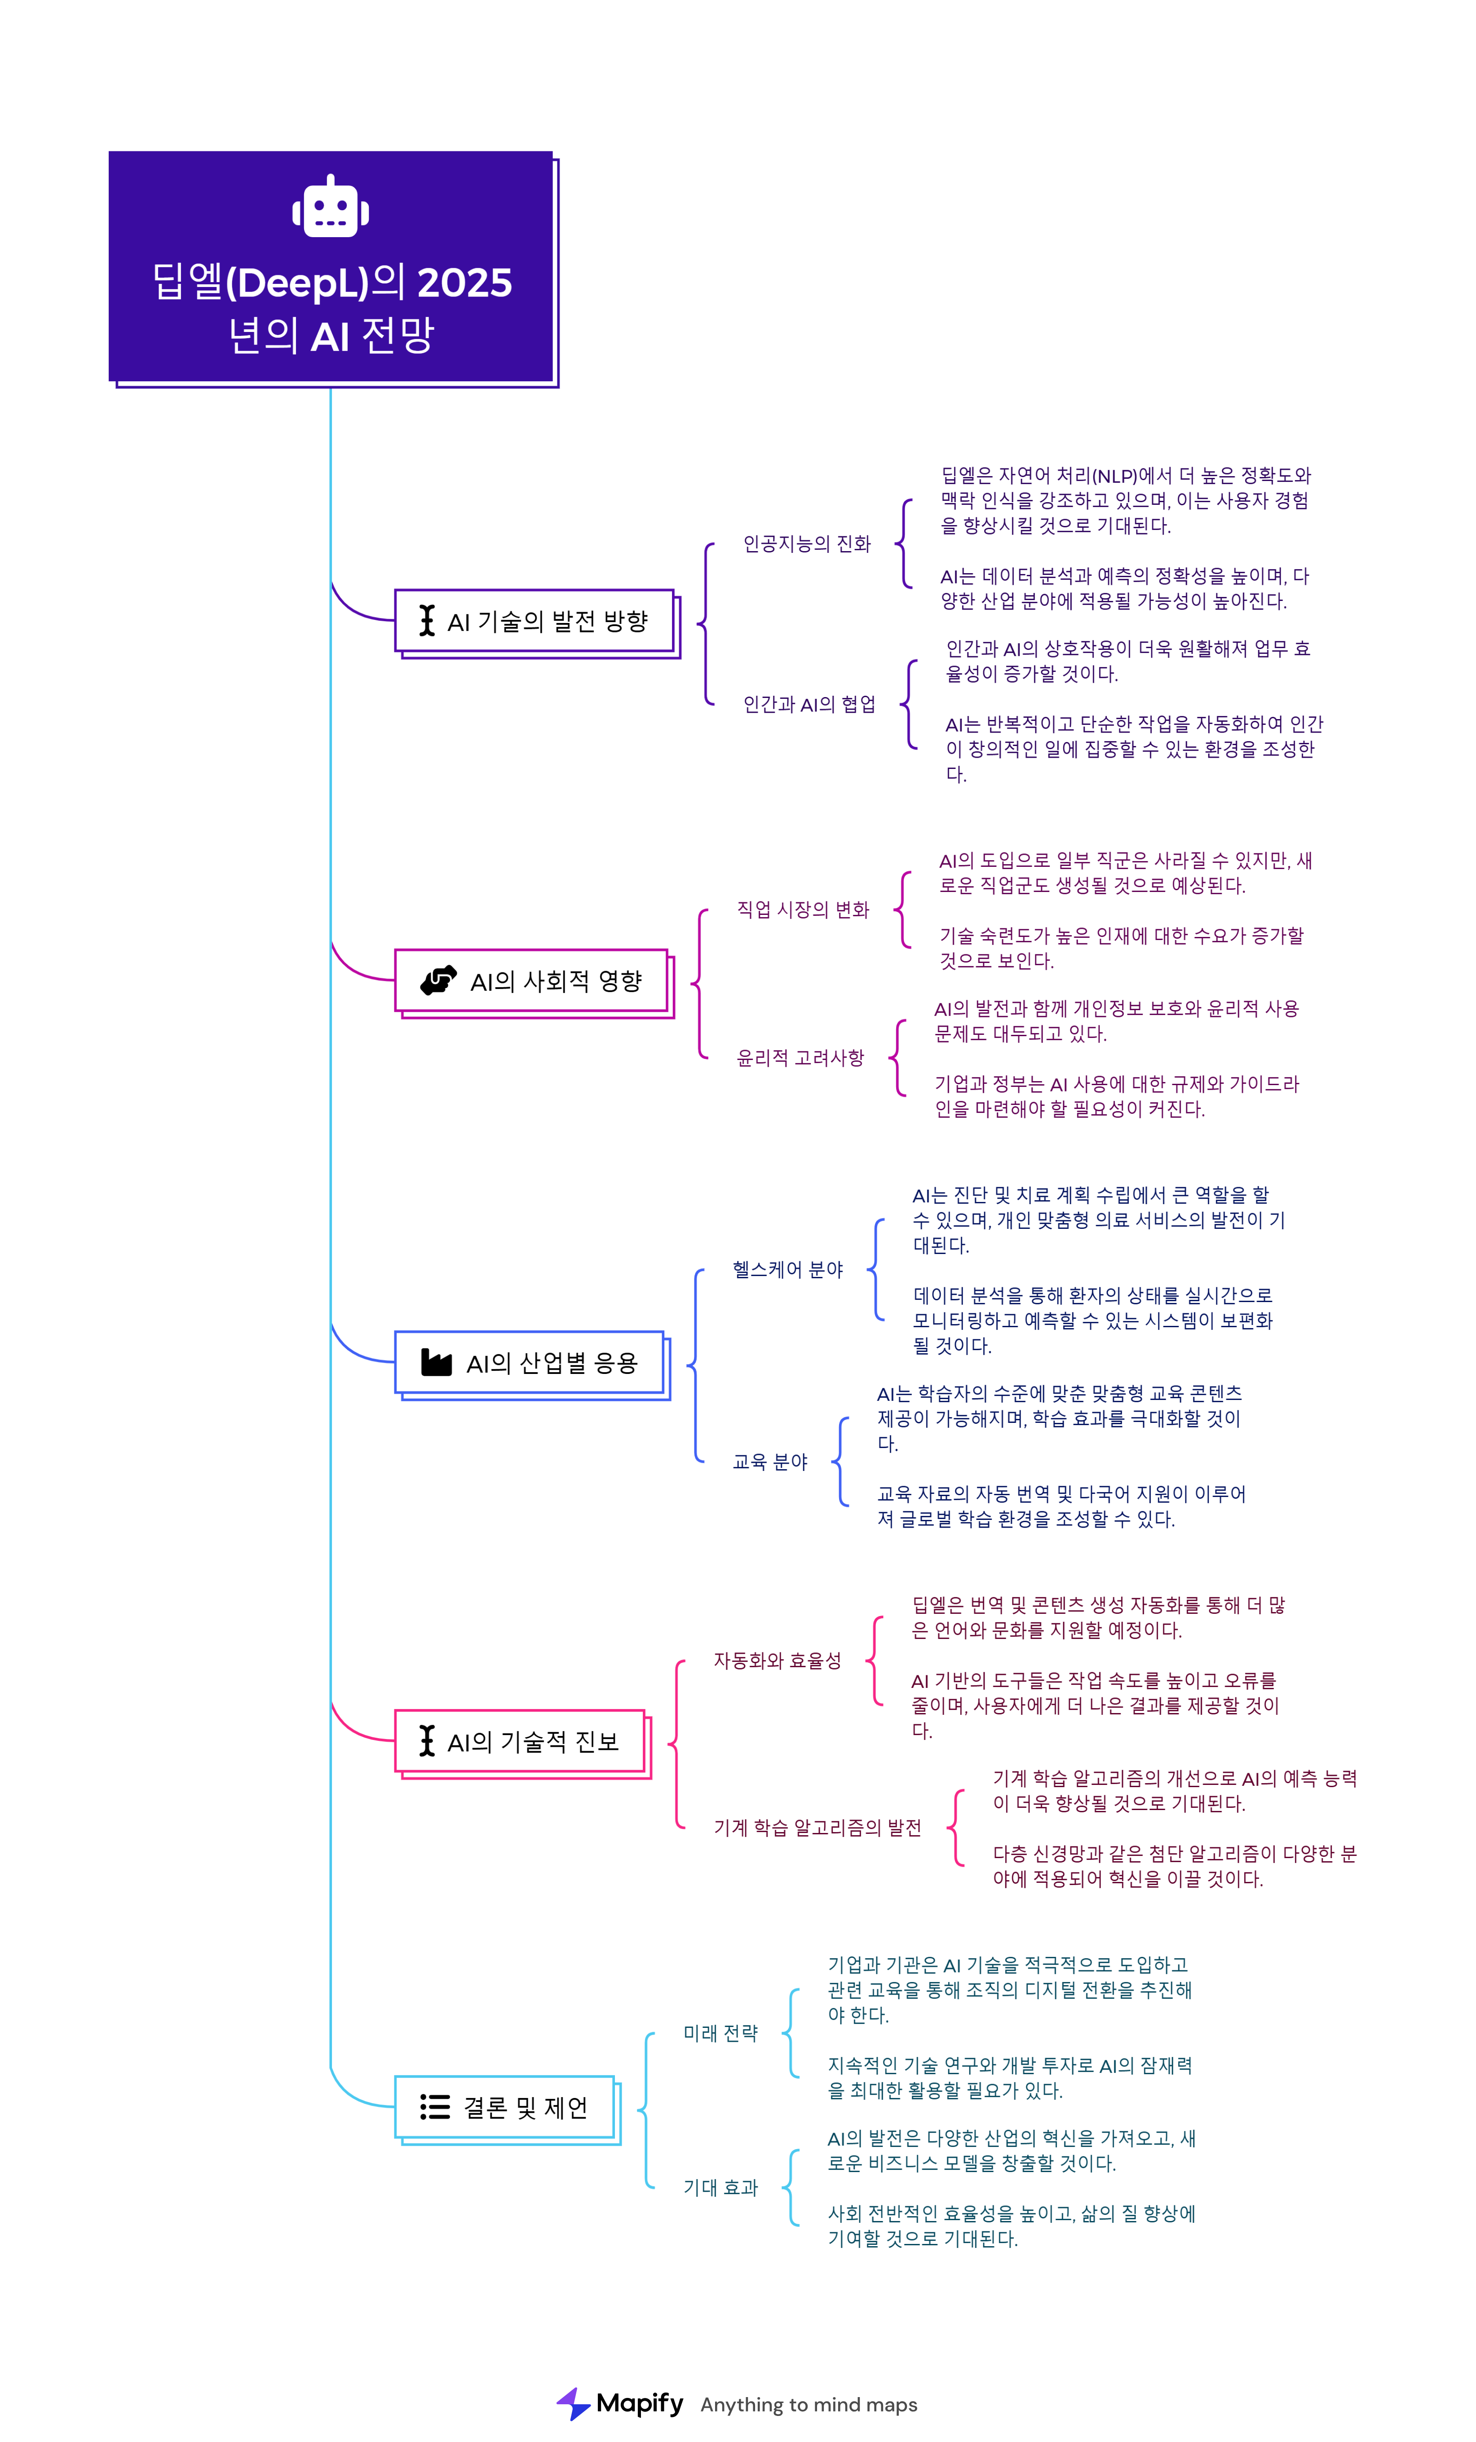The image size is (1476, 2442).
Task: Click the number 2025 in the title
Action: tap(465, 283)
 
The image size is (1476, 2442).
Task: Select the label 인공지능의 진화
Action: tap(807, 544)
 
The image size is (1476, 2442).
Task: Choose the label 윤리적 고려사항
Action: tap(800, 1059)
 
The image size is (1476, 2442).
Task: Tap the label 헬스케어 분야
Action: tap(787, 1270)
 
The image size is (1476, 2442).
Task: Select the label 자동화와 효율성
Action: tap(777, 1661)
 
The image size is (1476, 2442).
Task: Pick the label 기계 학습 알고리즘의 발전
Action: tap(817, 1828)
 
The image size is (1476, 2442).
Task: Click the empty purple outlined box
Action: tap(534, 620)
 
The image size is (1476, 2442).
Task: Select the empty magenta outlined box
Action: tap(531, 980)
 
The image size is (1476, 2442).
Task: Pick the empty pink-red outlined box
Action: tap(519, 1740)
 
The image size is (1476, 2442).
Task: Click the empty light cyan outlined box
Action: tap(504, 2107)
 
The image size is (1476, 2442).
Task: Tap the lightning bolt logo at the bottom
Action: tap(574, 2403)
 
